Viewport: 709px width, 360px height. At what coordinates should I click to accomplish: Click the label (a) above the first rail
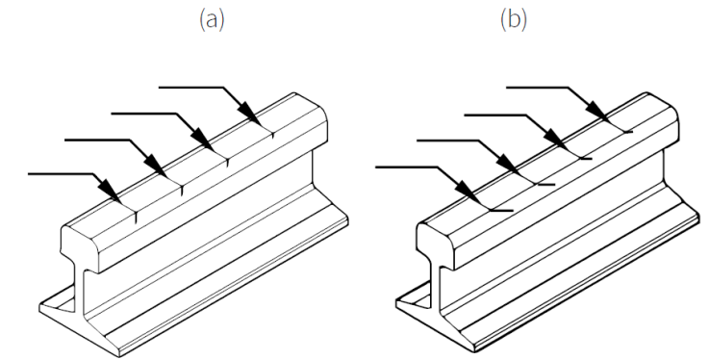[212, 20]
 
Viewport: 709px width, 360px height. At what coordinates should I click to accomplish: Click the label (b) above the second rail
[514, 20]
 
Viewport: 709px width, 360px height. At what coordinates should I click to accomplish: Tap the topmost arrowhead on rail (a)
[249, 114]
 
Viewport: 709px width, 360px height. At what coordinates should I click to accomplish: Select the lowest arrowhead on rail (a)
[109, 191]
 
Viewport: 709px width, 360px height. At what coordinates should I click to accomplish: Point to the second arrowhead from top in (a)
[202, 139]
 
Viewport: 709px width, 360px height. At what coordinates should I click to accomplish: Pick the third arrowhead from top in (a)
[156, 165]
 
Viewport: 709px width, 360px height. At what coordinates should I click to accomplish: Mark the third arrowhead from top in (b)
[506, 165]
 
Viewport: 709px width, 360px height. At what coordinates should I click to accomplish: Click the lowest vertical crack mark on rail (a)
[136, 218]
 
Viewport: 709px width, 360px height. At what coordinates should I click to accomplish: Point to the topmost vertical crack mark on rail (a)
[272, 134]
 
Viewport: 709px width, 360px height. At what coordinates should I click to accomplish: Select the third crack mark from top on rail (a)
[182, 190]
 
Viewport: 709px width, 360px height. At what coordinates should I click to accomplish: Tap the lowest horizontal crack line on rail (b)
[502, 211]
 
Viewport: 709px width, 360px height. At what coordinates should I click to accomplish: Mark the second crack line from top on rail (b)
[582, 159]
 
